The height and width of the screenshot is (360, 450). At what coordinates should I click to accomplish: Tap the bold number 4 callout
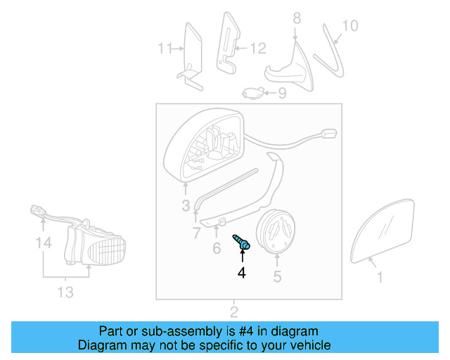(242, 271)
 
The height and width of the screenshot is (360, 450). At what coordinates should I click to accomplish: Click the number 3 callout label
(186, 206)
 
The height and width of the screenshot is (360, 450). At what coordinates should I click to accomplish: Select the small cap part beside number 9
(253, 91)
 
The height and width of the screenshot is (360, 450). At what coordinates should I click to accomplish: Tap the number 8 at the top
(296, 18)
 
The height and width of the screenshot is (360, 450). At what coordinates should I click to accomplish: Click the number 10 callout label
(349, 26)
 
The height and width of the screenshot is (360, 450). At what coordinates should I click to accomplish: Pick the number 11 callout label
(164, 49)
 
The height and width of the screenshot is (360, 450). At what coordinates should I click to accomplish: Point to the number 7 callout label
(197, 232)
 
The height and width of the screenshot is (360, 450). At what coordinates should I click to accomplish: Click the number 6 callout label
(217, 247)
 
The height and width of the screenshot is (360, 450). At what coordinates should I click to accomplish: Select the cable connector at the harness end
(328, 134)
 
